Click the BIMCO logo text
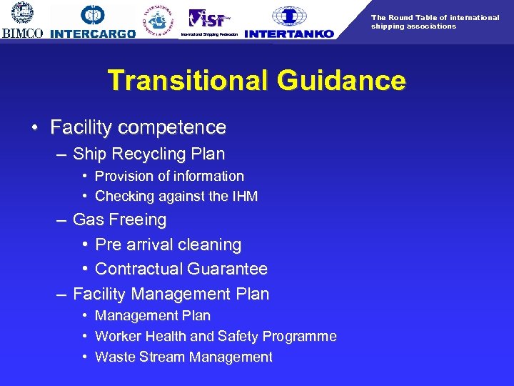pos(22,33)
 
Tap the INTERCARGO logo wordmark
pos(93,34)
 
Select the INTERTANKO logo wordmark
pos(288,33)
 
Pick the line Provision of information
pos(169,176)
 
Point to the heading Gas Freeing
pos(119,219)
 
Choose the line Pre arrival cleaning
pos(168,244)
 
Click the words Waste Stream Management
pos(183,357)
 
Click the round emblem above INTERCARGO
pos(94,14)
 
